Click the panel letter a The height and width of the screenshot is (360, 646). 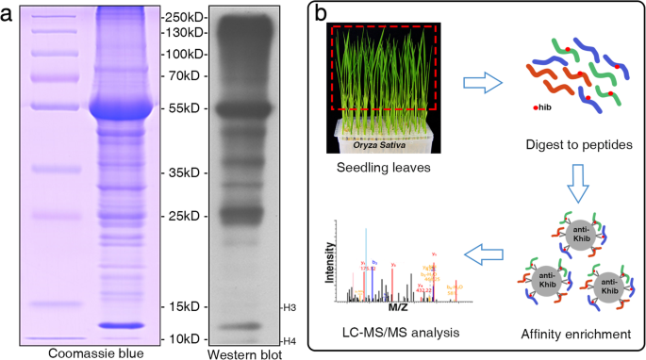click(8, 14)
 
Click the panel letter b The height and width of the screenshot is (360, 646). click(322, 15)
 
